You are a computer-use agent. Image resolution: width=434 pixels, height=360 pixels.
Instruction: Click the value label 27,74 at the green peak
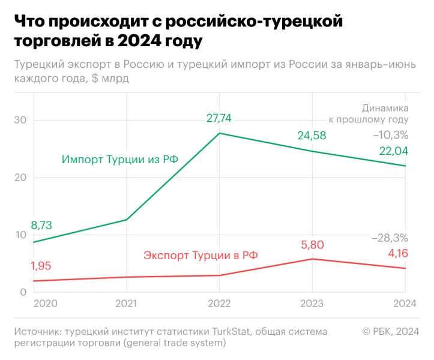point(219,118)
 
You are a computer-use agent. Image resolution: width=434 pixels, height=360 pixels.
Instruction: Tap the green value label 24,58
point(312,136)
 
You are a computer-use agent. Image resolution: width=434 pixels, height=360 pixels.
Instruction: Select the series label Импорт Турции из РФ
point(119,160)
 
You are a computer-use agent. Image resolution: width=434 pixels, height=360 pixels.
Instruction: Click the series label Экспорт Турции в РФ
point(200,255)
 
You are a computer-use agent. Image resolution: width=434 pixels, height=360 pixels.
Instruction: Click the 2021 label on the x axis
point(126,304)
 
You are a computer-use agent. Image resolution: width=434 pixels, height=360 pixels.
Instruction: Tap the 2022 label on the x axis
point(219,304)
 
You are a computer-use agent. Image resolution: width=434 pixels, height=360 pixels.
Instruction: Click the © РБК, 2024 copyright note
point(390,332)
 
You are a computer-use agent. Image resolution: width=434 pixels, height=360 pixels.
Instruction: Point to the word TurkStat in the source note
point(233,332)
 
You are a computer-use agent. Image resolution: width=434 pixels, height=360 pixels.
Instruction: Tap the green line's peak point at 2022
point(219,133)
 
